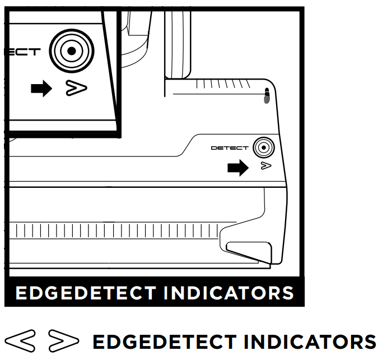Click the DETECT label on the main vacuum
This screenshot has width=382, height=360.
229,148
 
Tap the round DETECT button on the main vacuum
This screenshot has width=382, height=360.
263,147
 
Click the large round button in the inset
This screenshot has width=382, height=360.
71,52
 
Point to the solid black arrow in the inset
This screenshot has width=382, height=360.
42,89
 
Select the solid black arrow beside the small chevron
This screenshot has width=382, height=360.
238,167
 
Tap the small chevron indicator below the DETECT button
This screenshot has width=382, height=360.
266,166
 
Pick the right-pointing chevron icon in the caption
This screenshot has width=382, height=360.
64,340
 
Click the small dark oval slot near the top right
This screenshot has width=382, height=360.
267,95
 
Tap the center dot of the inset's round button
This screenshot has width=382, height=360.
71,52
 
